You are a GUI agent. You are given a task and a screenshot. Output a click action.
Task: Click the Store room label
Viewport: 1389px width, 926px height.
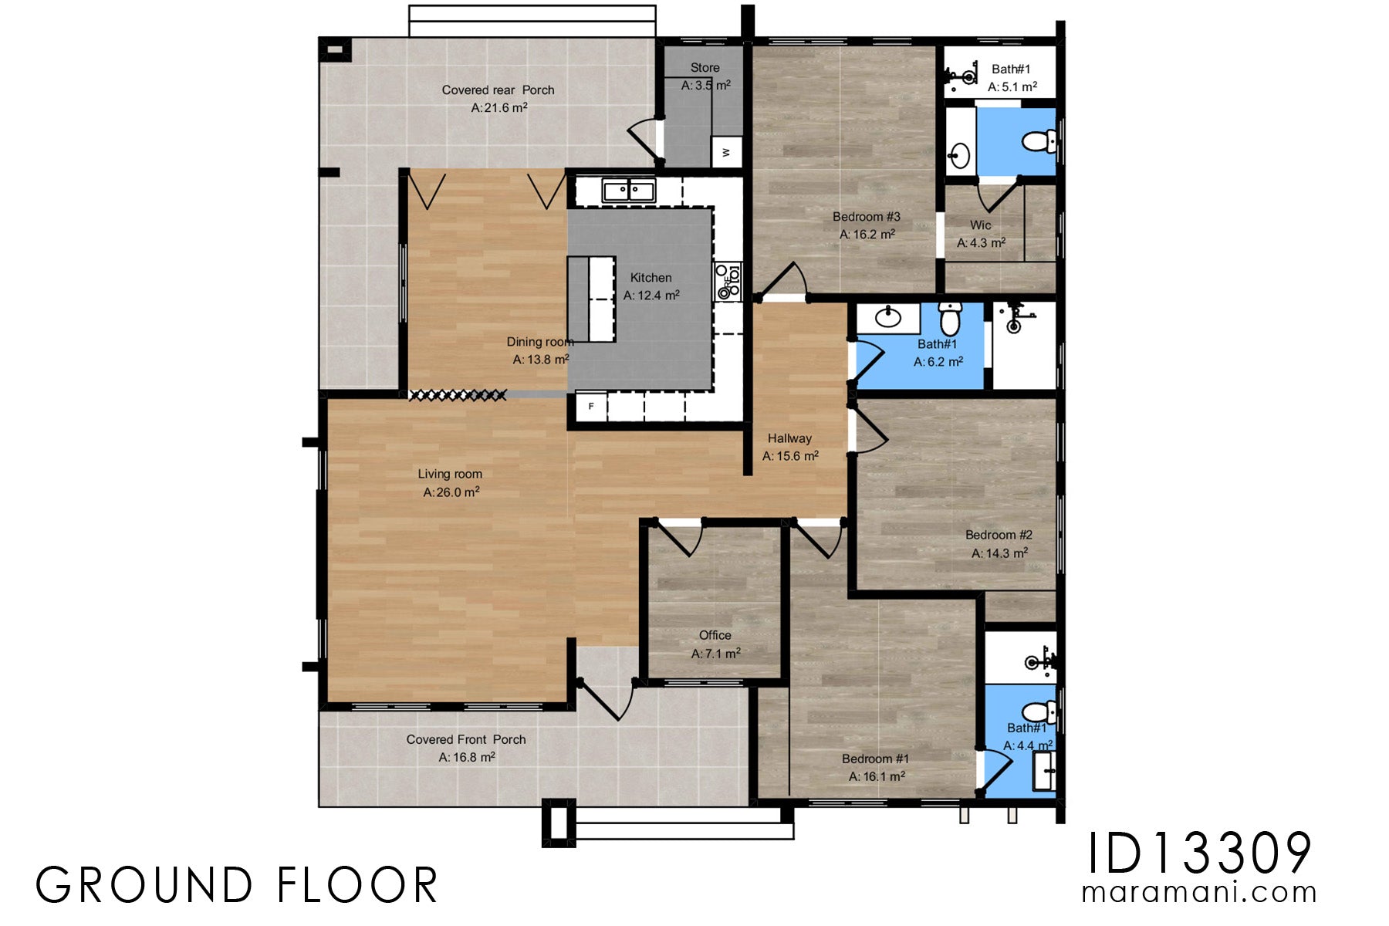705,68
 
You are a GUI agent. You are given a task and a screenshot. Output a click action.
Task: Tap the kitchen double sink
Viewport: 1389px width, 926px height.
629,190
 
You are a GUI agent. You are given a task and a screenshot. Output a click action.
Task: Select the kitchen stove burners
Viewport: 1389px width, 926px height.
727,282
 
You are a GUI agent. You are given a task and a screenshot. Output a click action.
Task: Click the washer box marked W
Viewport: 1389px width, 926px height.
726,152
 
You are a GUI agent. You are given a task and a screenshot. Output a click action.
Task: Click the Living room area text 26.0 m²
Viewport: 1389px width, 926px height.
451,492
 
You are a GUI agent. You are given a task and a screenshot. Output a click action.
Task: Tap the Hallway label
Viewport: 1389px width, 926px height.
789,438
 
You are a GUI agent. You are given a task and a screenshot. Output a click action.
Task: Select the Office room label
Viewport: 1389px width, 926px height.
715,635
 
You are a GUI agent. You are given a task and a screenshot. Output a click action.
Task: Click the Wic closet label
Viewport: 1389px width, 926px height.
980,225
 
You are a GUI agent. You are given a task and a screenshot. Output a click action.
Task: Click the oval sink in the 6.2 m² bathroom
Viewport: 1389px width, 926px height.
888,316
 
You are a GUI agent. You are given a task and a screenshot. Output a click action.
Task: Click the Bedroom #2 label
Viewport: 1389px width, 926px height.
999,535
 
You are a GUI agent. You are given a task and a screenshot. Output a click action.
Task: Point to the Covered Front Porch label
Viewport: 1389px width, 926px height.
466,739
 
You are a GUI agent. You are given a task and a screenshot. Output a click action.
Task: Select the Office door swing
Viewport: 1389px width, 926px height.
680,539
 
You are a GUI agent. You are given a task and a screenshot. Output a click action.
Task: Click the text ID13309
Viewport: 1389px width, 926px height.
1198,854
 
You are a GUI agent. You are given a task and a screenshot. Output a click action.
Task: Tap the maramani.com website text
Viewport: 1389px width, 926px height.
1198,893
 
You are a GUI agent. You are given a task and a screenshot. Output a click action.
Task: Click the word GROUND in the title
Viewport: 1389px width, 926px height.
144,885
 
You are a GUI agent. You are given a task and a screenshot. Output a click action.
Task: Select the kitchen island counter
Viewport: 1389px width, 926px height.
591,299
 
